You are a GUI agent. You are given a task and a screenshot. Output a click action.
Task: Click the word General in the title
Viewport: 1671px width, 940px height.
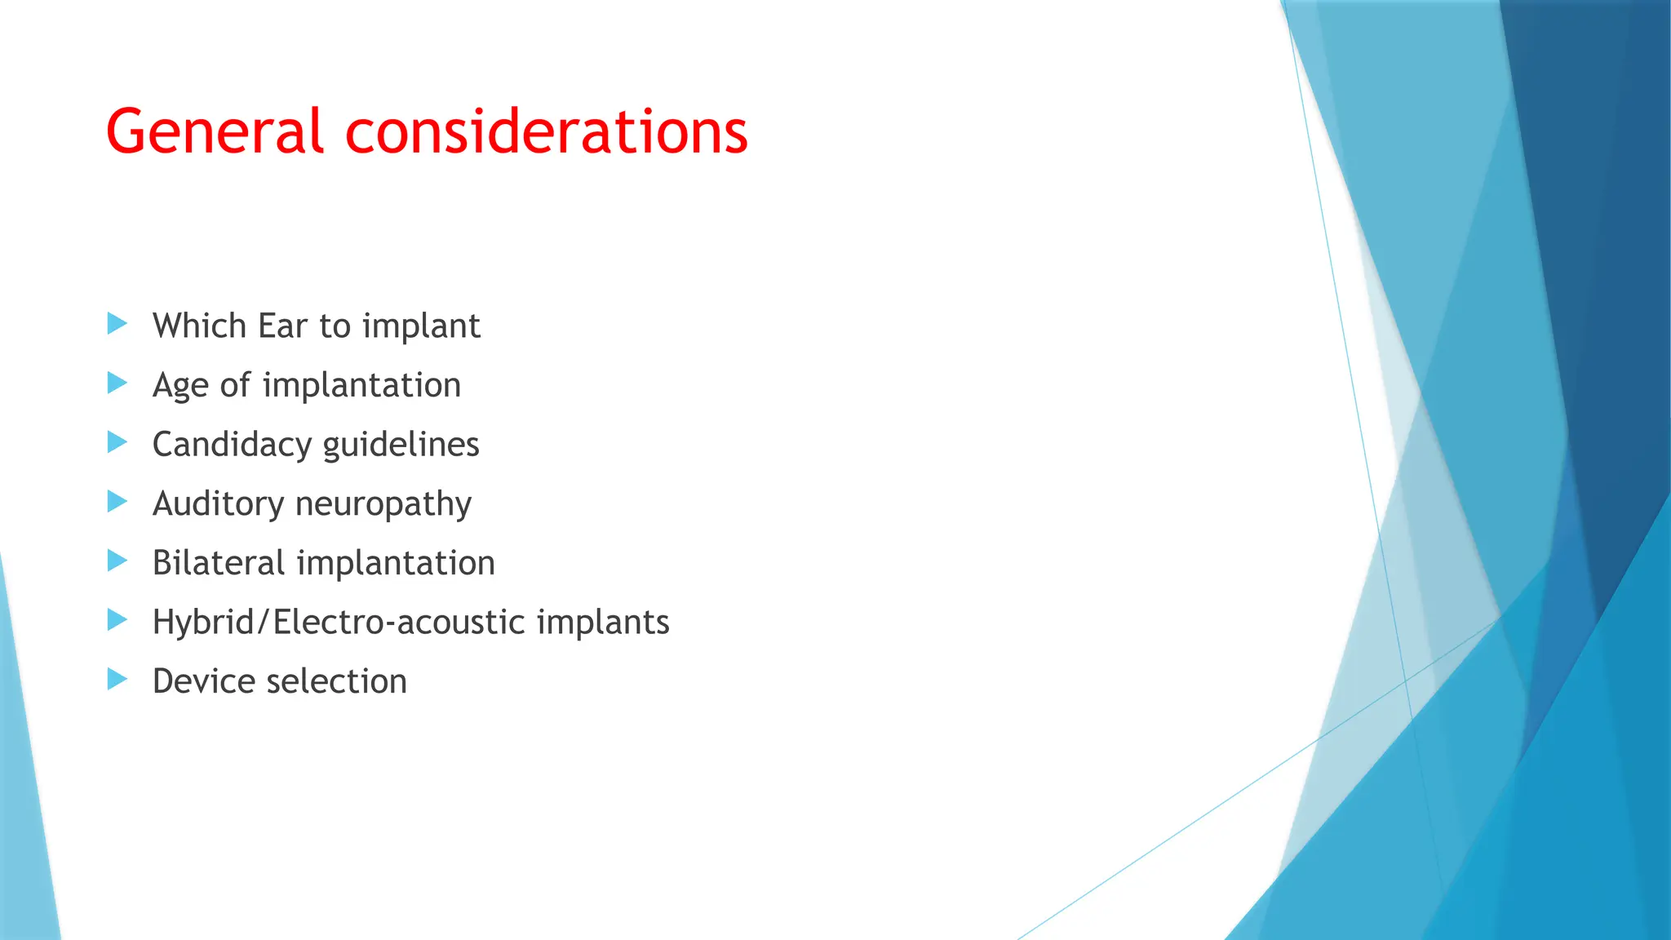click(x=215, y=131)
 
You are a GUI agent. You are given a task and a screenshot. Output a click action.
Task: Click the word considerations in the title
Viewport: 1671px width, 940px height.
click(x=546, y=131)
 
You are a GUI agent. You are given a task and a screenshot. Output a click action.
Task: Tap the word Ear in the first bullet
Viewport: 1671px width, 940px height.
click(x=282, y=326)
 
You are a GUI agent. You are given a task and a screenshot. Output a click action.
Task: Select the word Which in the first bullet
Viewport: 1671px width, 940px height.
click(x=199, y=326)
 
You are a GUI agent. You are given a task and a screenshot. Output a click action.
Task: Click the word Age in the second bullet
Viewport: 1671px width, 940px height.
click(x=180, y=386)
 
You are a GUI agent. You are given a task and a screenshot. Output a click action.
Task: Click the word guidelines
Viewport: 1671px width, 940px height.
click(x=401, y=446)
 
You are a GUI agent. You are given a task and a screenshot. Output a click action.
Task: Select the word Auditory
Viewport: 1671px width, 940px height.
click(x=218, y=504)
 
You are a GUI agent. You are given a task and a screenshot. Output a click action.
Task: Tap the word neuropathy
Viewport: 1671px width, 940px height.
click(x=383, y=504)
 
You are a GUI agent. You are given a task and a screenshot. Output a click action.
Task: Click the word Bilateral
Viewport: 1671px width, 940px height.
click(x=218, y=563)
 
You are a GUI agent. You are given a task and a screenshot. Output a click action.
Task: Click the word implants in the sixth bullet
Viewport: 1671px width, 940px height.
click(x=603, y=623)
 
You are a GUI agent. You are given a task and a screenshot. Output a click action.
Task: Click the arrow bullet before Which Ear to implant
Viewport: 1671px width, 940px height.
click(x=117, y=324)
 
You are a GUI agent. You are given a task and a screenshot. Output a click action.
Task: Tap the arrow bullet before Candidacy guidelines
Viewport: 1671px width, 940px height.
click(x=117, y=442)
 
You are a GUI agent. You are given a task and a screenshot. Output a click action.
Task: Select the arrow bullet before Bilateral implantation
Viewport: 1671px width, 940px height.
click(x=117, y=561)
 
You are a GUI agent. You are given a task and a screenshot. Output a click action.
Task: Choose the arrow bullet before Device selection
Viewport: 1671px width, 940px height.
click(x=117, y=679)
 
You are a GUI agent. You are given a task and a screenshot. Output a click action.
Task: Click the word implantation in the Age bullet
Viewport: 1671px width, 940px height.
click(x=361, y=385)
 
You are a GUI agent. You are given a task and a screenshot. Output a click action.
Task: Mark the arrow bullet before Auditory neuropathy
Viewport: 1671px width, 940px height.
click(x=117, y=502)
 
